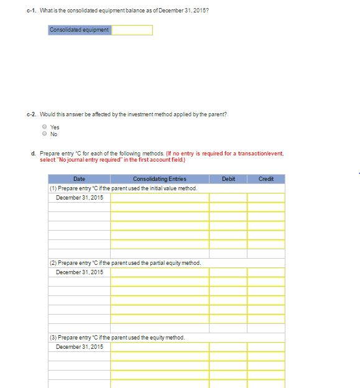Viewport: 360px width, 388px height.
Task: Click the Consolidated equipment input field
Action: [132, 30]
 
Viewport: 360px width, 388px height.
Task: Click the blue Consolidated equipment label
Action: [80, 30]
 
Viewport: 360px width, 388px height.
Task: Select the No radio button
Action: [44, 134]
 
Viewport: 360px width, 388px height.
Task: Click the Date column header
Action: [79, 179]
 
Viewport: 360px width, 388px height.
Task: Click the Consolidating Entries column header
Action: [159, 179]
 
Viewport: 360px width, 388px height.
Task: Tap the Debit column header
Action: [228, 179]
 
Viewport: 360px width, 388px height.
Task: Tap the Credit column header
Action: [266, 179]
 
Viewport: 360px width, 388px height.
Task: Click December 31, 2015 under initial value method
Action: [80, 198]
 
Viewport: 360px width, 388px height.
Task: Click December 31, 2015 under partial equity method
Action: [80, 272]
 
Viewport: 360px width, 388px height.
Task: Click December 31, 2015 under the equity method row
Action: [80, 346]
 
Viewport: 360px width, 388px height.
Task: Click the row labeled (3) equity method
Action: [118, 338]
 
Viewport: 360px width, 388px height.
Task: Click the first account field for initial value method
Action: [159, 198]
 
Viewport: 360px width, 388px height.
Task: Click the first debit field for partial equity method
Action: [228, 272]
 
